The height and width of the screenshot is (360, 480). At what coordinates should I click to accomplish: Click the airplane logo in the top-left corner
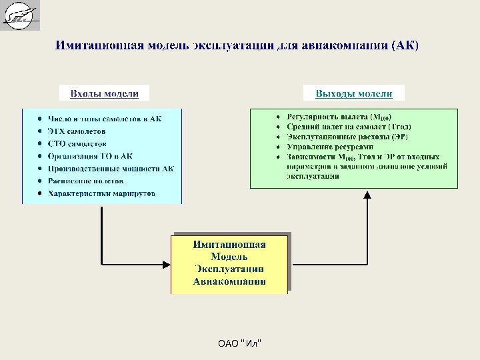tap(20, 15)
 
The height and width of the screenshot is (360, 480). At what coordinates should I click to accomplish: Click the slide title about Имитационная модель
tap(237, 46)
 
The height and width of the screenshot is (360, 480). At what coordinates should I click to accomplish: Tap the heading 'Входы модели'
tap(105, 93)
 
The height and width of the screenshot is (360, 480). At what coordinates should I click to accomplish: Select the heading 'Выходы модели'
tap(353, 93)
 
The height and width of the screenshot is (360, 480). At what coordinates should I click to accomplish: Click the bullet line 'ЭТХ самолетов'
tap(77, 131)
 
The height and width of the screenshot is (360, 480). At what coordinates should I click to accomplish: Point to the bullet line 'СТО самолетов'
tap(77, 143)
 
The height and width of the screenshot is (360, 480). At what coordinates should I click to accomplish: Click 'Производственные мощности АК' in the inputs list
tap(111, 168)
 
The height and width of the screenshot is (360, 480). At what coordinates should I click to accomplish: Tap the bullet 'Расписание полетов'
tap(85, 181)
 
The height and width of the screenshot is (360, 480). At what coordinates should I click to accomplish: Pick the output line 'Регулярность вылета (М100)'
tap(339, 117)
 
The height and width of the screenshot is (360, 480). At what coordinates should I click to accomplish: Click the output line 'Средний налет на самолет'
tap(349, 127)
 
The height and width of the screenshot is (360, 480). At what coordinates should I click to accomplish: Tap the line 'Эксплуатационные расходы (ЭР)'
tap(347, 137)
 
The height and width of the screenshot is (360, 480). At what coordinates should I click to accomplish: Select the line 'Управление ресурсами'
tap(330, 147)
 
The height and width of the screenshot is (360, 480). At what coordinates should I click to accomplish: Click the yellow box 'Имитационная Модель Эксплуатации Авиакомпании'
tap(229, 263)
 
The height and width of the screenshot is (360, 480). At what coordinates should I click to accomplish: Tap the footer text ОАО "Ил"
tap(240, 343)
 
